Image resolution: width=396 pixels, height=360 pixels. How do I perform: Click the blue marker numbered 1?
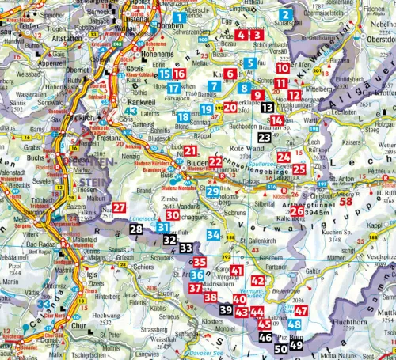click(181, 16)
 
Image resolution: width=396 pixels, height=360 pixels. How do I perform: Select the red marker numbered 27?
click(117, 208)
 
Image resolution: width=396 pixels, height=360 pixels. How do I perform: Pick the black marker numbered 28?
click(136, 230)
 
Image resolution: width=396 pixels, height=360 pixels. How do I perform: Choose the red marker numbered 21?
click(191, 151)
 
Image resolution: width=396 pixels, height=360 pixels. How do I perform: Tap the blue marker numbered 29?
click(212, 192)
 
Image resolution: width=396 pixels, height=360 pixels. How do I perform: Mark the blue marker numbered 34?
click(212, 234)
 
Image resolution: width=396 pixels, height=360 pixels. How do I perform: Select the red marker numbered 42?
click(257, 281)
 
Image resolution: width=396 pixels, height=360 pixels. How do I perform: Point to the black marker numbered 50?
click(280, 348)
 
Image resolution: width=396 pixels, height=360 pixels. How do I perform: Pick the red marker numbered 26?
click(296, 211)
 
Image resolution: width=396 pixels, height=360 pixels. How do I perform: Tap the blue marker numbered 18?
click(183, 118)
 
